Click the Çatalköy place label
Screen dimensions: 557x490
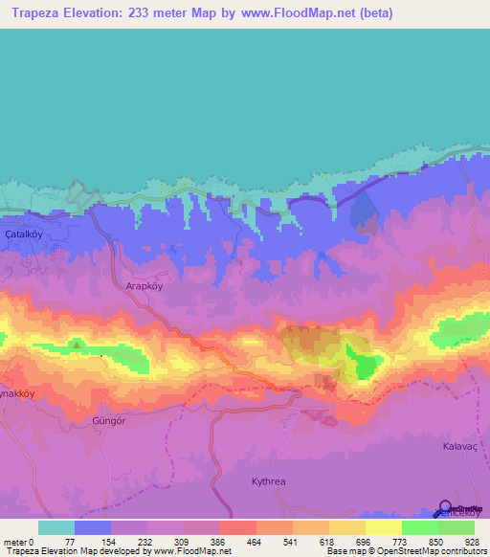tap(25, 233)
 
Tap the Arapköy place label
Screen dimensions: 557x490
tap(146, 285)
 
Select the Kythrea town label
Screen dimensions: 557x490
tap(269, 481)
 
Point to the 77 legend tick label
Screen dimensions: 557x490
tap(74, 541)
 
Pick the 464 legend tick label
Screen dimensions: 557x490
tap(256, 541)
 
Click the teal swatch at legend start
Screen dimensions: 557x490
tap(56, 527)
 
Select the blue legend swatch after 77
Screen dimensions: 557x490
tap(93, 527)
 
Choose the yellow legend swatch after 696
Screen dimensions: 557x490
tap(384, 527)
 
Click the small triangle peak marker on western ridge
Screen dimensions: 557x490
tap(76, 343)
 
